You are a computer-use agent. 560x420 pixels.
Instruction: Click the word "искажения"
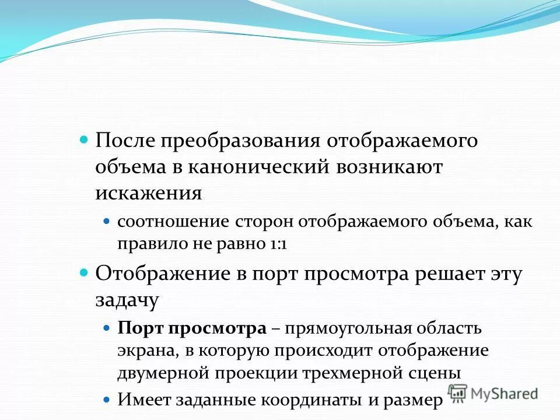point(149,192)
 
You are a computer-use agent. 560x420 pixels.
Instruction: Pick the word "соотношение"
point(173,222)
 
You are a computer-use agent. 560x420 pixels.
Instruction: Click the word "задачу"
point(127,300)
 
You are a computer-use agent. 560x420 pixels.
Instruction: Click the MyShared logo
point(493,393)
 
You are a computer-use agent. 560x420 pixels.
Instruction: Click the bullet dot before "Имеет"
point(106,400)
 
